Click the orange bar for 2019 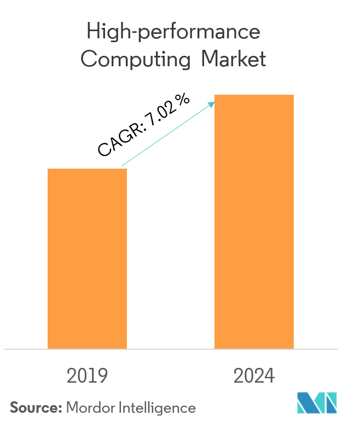pos(87,258)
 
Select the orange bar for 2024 pos(254,222)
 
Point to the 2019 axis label pos(87,376)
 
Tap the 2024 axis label pos(254,376)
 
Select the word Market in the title pos(233,59)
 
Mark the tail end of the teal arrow pos(121,166)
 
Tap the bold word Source pos(34,408)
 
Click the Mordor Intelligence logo pos(317,403)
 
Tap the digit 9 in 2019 pos(102,376)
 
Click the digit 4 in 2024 pos(269,376)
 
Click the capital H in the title pos(92,32)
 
